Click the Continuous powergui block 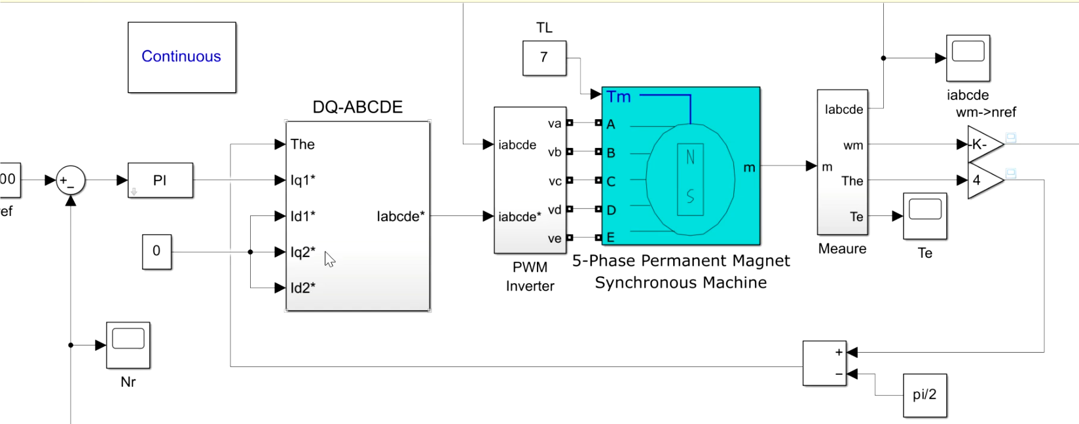(181, 57)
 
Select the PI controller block (160, 180)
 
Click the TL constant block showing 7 (544, 58)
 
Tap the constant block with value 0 (156, 251)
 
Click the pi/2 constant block (924, 395)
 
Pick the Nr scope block (128, 344)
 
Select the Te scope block (924, 215)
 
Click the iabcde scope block (968, 58)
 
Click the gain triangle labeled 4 (982, 180)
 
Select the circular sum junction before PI (70, 181)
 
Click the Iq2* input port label (303, 252)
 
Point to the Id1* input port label (303, 216)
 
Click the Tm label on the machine (619, 97)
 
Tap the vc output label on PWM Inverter (555, 181)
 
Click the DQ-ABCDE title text (357, 107)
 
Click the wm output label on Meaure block (852, 145)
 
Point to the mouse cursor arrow (329, 259)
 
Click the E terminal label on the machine (611, 238)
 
